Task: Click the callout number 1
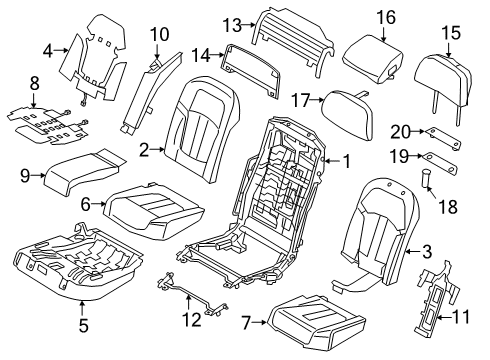[x=347, y=159]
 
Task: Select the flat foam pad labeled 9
[x=85, y=172]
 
